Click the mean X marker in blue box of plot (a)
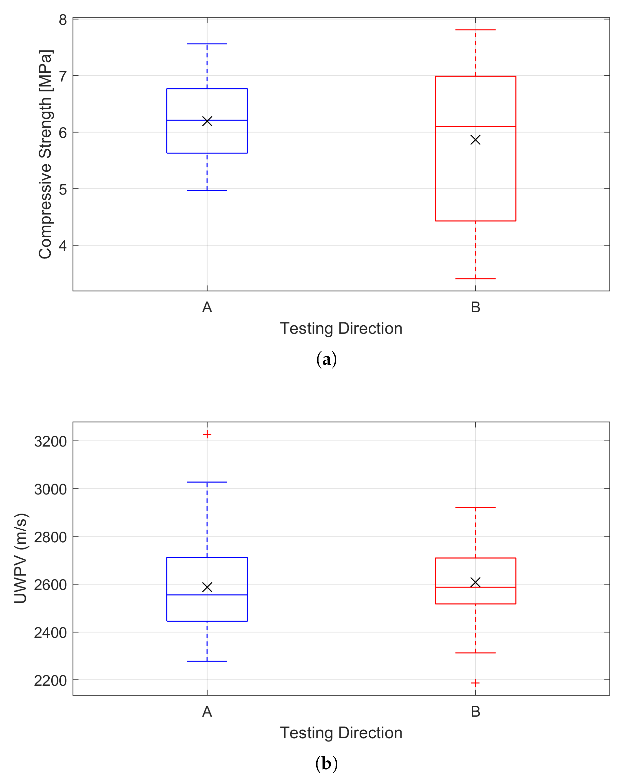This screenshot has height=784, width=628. [207, 121]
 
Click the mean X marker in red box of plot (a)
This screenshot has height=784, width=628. [475, 140]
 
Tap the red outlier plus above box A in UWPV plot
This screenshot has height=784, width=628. [207, 434]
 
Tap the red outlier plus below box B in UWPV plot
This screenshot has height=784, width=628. [475, 683]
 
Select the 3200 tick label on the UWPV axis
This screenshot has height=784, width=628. [51, 441]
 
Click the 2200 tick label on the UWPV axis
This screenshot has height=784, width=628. [51, 680]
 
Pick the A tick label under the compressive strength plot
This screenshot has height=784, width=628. [207, 307]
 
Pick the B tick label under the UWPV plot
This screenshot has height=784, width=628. [475, 712]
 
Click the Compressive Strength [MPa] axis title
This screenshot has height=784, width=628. [45, 155]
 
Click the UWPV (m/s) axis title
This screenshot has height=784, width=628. [21, 558]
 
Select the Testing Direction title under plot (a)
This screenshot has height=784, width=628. [341, 328]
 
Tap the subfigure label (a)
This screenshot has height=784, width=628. [326, 359]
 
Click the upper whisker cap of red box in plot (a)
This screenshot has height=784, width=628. [475, 30]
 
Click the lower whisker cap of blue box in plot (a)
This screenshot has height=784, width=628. [207, 190]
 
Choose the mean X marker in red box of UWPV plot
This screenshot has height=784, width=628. [475, 582]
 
